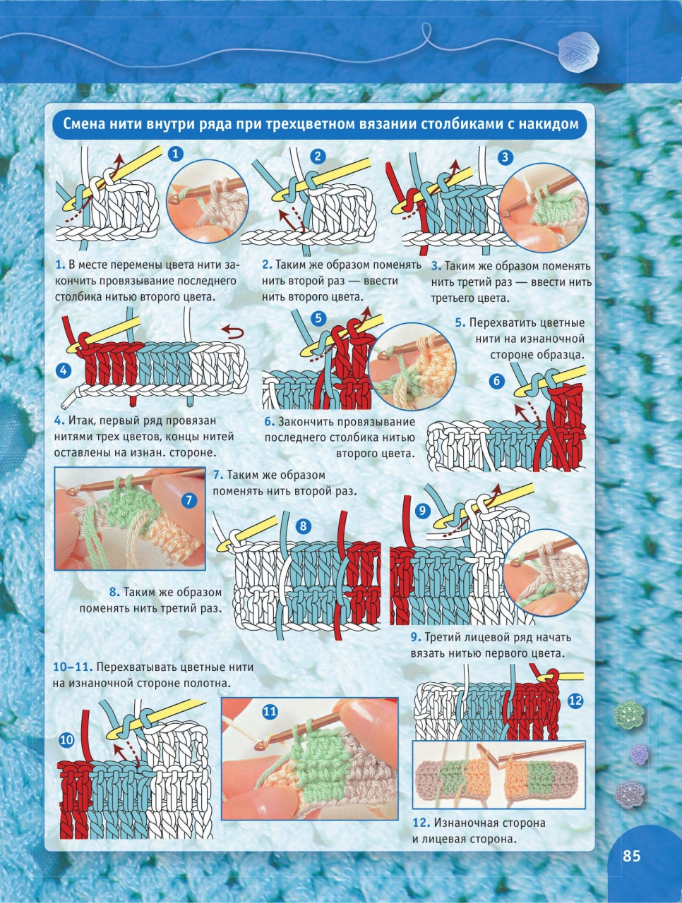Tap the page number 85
(631, 855)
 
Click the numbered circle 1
(175, 154)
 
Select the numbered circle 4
(64, 370)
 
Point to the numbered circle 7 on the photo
(189, 501)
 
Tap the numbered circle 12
(575, 701)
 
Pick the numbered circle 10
(66, 741)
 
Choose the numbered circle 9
(422, 511)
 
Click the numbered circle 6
(497, 381)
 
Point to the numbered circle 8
(304, 526)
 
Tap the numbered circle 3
(505, 157)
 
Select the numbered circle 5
(318, 317)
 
